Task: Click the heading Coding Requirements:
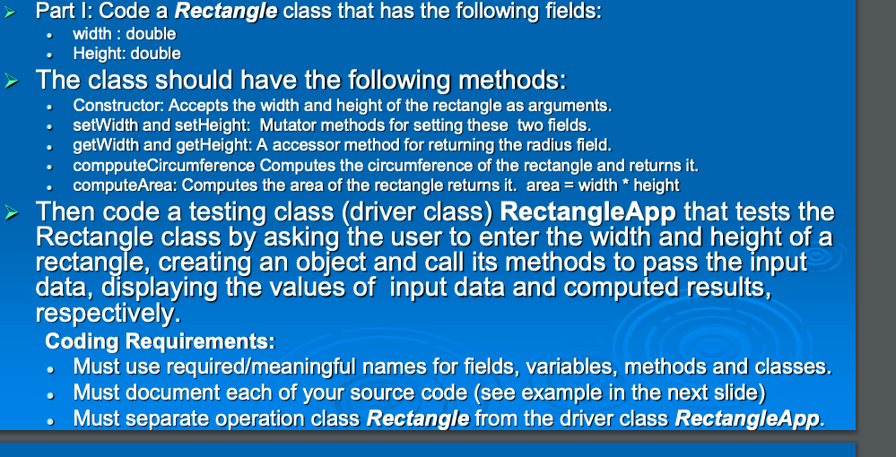(160, 342)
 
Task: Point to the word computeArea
(115, 185)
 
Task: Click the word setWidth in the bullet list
(101, 126)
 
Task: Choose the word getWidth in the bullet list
(102, 146)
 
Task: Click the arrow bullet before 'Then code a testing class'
(15, 213)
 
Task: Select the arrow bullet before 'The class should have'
(15, 81)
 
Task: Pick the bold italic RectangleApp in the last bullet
(746, 418)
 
